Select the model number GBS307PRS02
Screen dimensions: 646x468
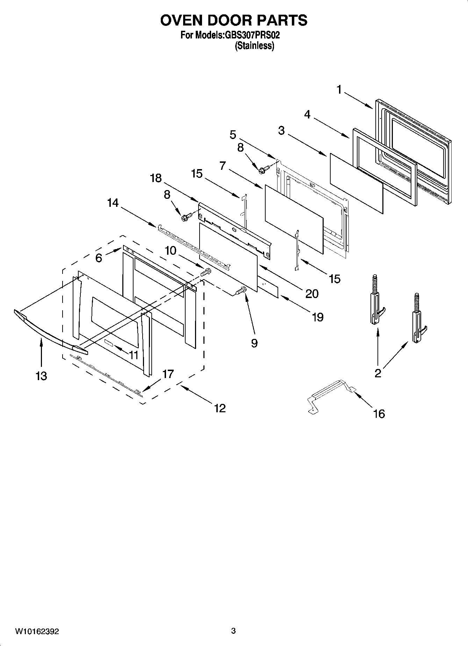tap(251, 35)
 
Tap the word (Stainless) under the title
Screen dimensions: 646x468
tap(255, 45)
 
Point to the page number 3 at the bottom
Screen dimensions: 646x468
tap(233, 631)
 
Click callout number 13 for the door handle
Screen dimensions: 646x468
tap(41, 376)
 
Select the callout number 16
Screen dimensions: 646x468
tap(379, 414)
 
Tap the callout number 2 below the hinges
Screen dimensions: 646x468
tap(378, 373)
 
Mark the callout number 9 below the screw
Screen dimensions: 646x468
tap(254, 343)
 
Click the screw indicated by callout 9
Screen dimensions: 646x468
tap(241, 290)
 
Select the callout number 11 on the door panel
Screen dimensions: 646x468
tap(133, 355)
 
